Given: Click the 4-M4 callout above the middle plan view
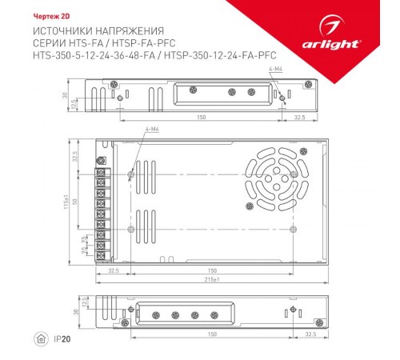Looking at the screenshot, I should tap(151, 130).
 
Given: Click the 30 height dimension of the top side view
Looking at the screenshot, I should tap(66, 94).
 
